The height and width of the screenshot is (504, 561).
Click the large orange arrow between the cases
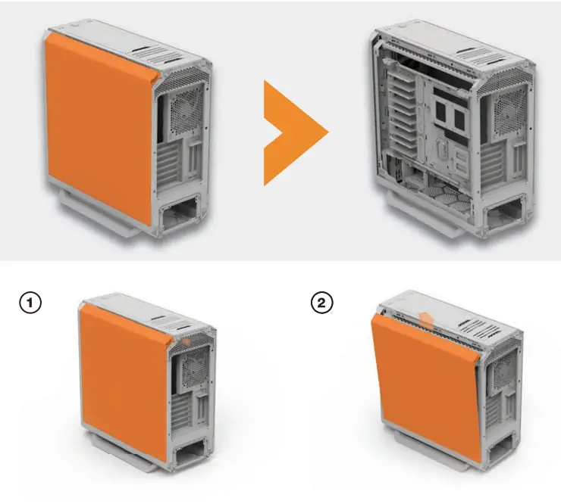click(x=292, y=132)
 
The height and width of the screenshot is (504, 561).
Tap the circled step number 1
click(x=29, y=304)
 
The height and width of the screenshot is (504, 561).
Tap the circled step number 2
click(x=322, y=304)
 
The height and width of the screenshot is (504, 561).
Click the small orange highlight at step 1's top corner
click(x=185, y=341)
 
